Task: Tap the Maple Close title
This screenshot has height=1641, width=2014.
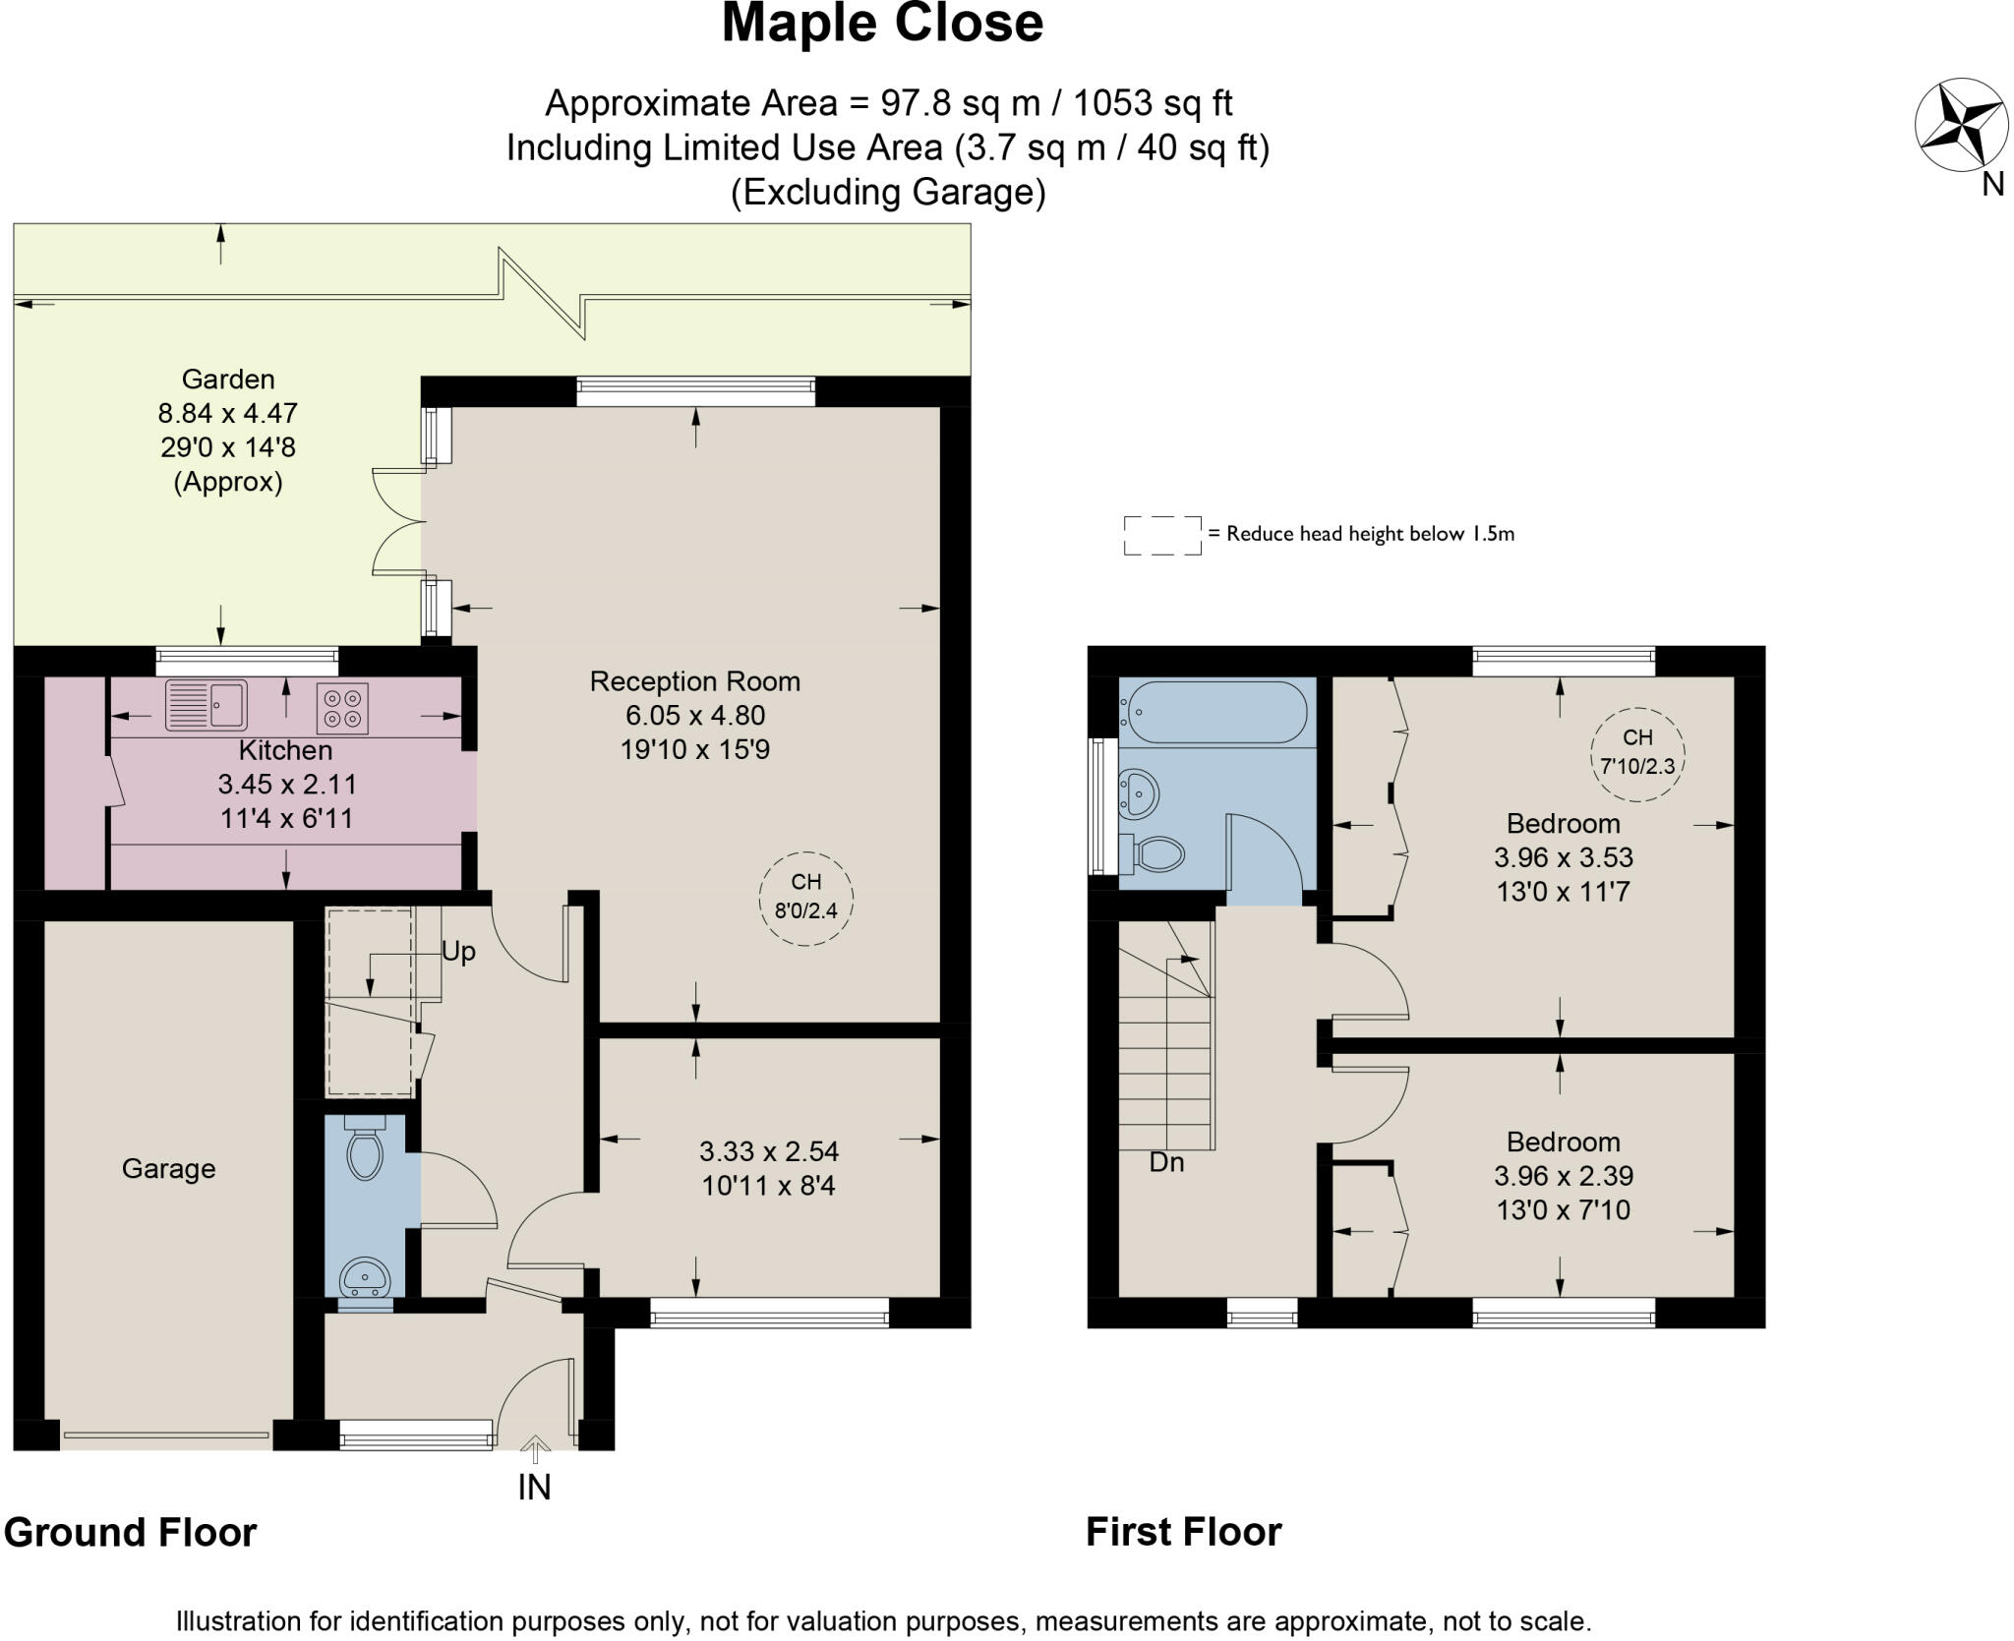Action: (882, 24)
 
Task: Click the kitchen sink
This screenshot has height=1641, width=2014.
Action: (207, 705)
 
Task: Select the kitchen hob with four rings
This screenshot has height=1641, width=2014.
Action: (342, 708)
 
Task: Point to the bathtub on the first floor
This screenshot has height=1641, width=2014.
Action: (1217, 712)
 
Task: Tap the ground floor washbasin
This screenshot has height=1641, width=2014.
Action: (365, 1278)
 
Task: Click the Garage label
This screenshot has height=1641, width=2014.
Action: (168, 1168)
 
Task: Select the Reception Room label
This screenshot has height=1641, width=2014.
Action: (695, 681)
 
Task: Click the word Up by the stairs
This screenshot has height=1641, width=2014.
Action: (458, 952)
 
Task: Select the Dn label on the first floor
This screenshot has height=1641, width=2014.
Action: (1166, 1162)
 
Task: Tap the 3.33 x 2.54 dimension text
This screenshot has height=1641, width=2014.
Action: (769, 1151)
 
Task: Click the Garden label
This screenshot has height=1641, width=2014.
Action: (228, 379)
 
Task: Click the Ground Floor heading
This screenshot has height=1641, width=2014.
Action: (130, 1532)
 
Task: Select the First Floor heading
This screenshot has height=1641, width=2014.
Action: (1184, 1532)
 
